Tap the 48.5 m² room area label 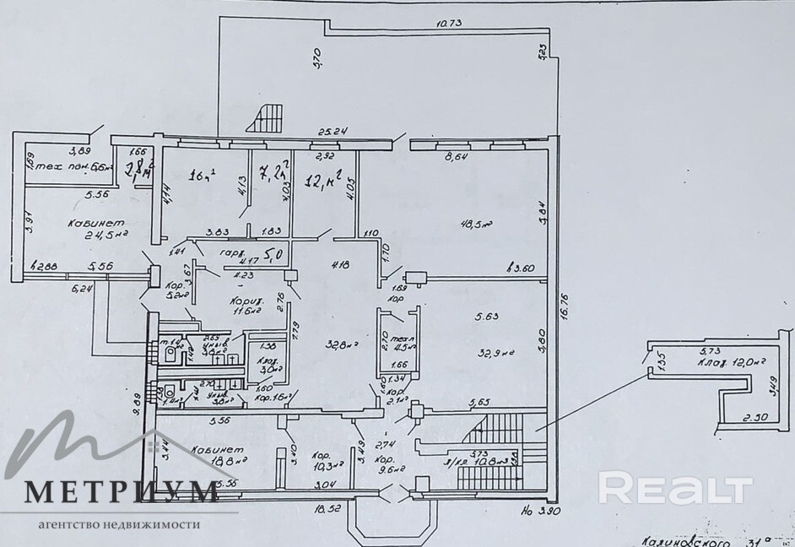click(x=476, y=225)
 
